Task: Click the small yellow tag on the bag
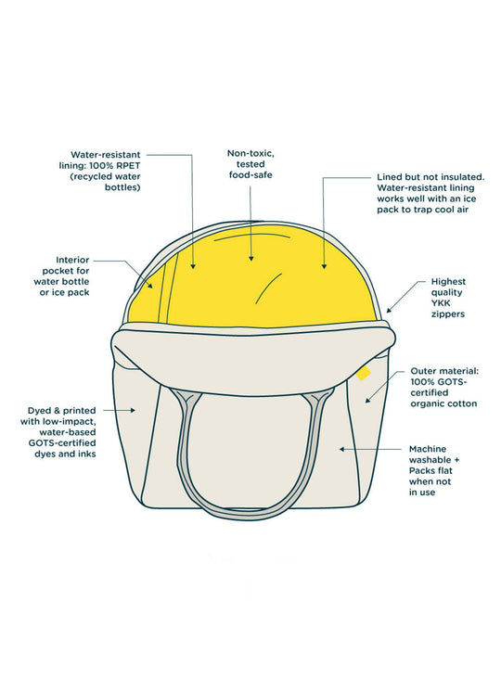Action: pyautogui.click(x=364, y=373)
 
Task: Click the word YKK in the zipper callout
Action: pyautogui.click(x=441, y=303)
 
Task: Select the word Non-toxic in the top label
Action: pyautogui.click(x=250, y=154)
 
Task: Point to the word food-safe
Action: pyautogui.click(x=250, y=175)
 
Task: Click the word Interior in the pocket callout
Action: pyautogui.click(x=72, y=260)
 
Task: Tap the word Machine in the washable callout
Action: pyautogui.click(x=428, y=449)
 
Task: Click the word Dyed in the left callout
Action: pyautogui.click(x=39, y=410)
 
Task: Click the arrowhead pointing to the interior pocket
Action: pyautogui.click(x=150, y=286)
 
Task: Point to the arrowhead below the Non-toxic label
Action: pyautogui.click(x=250, y=258)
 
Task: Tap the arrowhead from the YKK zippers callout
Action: pyautogui.click(x=389, y=309)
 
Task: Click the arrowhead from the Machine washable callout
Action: pyautogui.click(x=341, y=449)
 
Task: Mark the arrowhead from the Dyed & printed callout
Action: pyautogui.click(x=134, y=410)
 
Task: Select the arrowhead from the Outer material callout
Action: pyautogui.click(x=368, y=400)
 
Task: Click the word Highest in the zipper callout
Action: pyautogui.click(x=448, y=281)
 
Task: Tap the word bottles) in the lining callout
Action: pyautogui.click(x=122, y=187)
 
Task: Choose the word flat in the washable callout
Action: pyautogui.click(x=443, y=470)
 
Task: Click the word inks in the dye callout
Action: pyautogui.click(x=86, y=454)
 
